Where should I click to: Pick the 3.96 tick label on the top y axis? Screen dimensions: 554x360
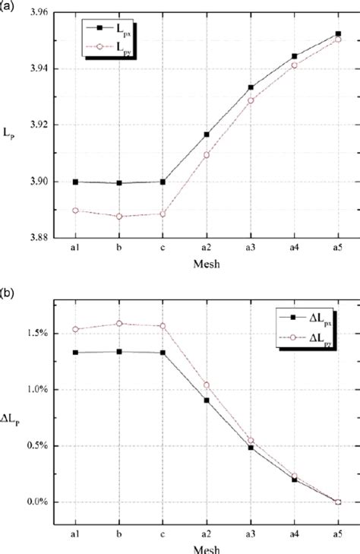coord(37,13)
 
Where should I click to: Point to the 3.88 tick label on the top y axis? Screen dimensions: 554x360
coord(37,237)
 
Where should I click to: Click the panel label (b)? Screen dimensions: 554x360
coord(8,290)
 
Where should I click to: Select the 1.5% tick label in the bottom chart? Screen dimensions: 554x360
coord(36,333)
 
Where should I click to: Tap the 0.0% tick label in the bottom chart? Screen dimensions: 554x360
coord(36,502)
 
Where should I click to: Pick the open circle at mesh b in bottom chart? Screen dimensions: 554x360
coord(118,324)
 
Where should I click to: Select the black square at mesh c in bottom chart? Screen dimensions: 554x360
coord(163,353)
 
